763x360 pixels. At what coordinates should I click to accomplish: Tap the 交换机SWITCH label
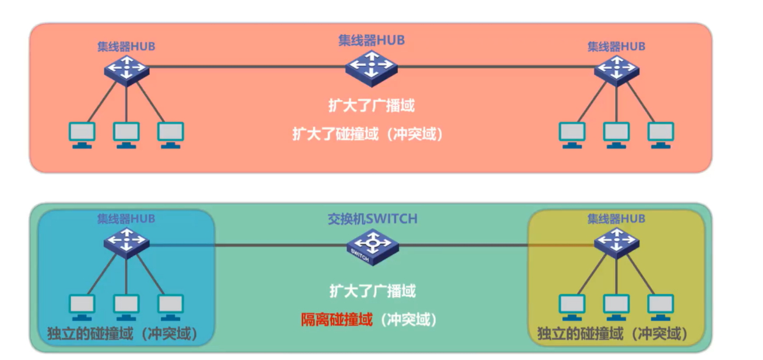(372, 218)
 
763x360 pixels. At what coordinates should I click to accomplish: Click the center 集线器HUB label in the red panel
(371, 40)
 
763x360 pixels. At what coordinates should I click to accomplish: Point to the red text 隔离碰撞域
(336, 319)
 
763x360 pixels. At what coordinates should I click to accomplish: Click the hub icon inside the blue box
(126, 243)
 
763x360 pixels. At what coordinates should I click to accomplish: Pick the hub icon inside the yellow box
(617, 243)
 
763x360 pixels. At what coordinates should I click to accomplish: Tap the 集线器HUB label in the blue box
(126, 218)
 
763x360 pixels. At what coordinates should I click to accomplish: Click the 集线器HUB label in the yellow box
(617, 218)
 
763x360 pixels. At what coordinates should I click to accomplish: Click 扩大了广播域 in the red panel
(371, 105)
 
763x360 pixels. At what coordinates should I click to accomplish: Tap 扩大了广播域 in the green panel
(372, 290)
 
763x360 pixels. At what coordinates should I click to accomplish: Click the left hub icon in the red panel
(126, 67)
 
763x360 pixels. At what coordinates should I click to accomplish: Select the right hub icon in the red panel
(617, 67)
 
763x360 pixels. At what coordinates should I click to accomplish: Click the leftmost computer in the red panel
(82, 135)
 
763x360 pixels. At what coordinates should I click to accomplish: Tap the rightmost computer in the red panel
(660, 135)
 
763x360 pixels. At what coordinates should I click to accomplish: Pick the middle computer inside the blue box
(126, 307)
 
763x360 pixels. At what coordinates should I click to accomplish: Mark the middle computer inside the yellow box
(617, 307)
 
